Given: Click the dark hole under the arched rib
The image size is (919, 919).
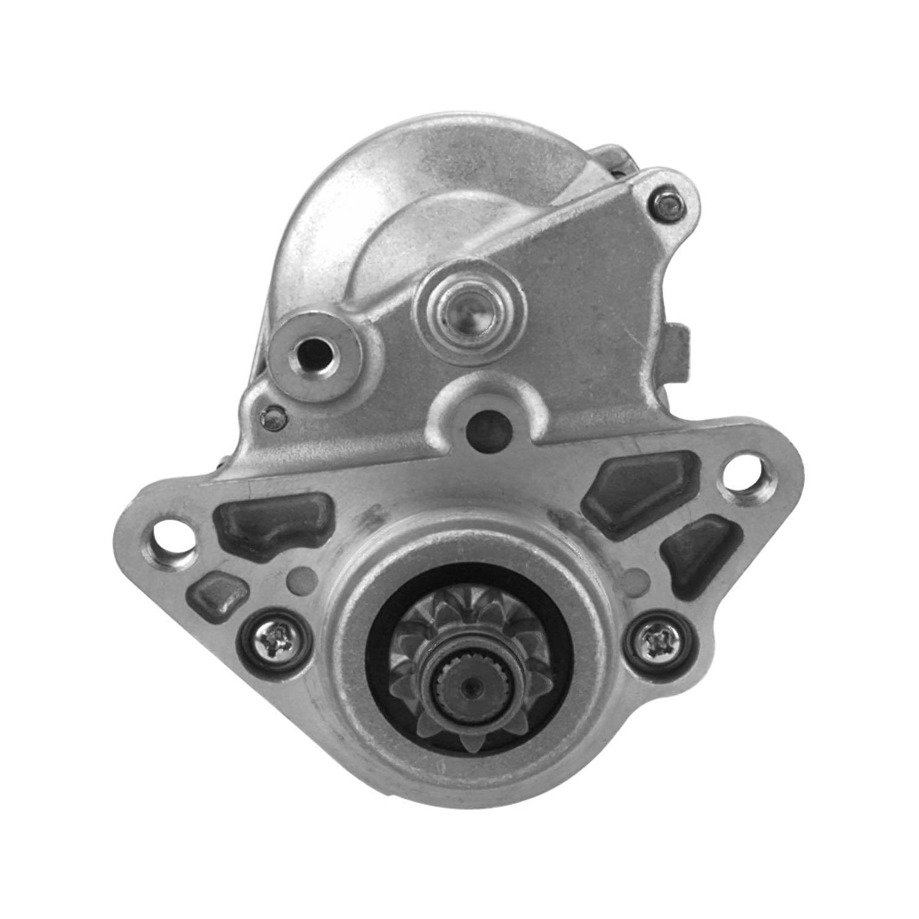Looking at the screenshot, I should (484, 425).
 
